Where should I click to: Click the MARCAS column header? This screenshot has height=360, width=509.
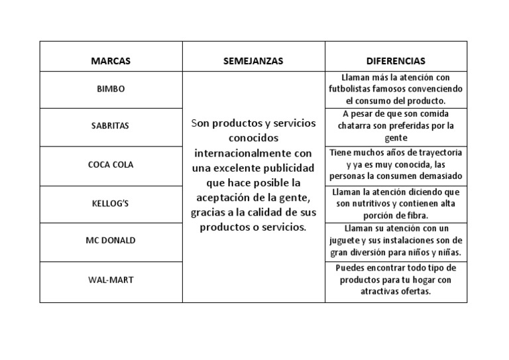coord(111,61)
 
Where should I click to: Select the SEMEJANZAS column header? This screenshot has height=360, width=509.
coord(253,61)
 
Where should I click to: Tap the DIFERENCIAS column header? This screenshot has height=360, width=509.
coord(396,61)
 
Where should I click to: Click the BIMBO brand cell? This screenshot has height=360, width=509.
coord(111,89)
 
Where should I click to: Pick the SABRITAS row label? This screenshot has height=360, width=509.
coord(111,125)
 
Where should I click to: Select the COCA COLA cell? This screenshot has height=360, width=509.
coord(111,164)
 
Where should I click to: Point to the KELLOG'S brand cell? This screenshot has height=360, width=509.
coord(111,204)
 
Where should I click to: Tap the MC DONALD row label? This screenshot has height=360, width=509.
coord(111,240)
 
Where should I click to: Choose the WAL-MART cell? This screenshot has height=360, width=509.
coord(111,280)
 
